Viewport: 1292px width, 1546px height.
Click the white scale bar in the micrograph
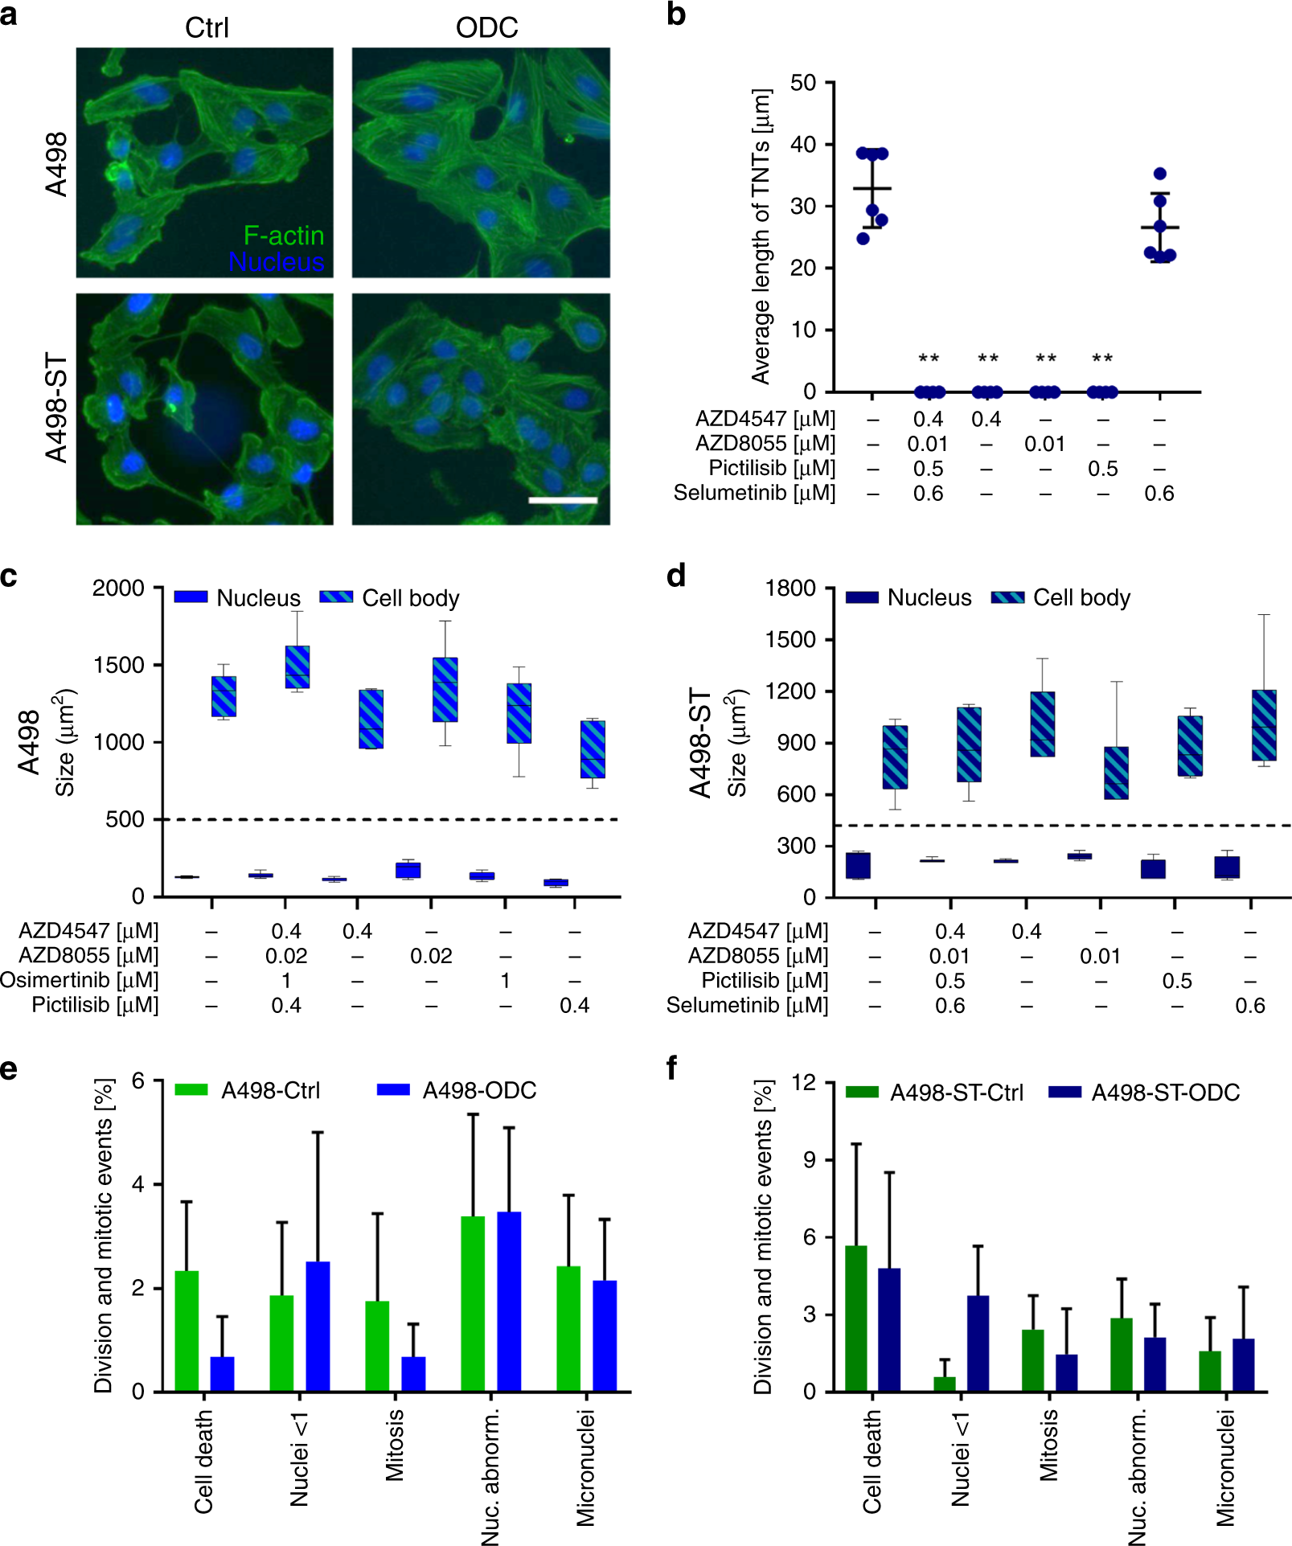coord(563,500)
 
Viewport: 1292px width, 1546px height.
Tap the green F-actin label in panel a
coord(284,236)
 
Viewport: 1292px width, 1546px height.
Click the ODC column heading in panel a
coord(486,28)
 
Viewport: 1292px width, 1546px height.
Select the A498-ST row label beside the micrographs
coord(56,408)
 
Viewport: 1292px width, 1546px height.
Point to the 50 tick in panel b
coord(802,83)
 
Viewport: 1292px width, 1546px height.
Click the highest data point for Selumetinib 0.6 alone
coord(1159,174)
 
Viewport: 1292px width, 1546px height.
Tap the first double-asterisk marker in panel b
coord(929,359)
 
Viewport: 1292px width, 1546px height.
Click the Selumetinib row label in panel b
coord(754,493)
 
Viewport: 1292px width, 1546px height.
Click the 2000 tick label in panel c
coord(118,588)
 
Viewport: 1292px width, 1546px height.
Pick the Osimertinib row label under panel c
coord(80,980)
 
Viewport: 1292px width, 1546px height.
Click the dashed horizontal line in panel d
coord(1045,826)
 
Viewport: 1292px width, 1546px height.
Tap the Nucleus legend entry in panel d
coord(909,597)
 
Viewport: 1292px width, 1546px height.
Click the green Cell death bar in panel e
coord(187,1331)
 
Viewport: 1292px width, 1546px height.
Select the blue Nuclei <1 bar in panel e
coord(318,1327)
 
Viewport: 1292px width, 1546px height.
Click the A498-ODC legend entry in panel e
coord(457,1090)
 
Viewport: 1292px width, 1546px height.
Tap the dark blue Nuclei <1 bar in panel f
coord(978,1343)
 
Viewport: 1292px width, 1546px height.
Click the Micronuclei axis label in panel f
coord(1225,1467)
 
